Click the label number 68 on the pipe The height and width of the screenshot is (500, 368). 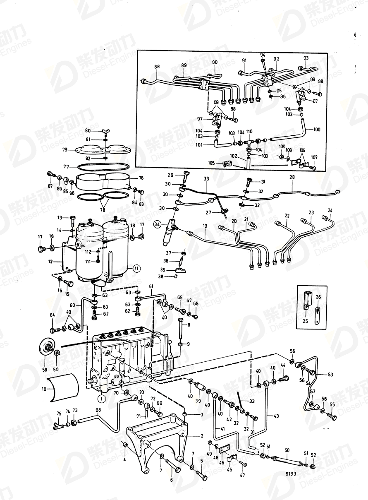(x=98, y=411)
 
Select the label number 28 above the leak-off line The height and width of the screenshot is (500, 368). (x=292, y=178)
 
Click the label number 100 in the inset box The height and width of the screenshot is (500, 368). (x=317, y=130)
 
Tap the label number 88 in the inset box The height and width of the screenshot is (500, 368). (x=157, y=66)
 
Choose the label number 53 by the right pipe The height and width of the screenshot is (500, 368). (x=330, y=374)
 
